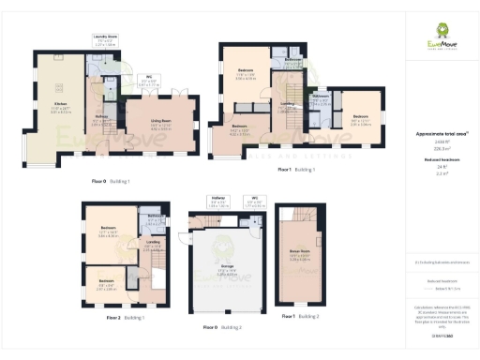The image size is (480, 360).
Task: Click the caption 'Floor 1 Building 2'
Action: pyautogui.click(x=300, y=317)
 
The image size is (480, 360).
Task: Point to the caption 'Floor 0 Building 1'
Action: pyautogui.click(x=111, y=180)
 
